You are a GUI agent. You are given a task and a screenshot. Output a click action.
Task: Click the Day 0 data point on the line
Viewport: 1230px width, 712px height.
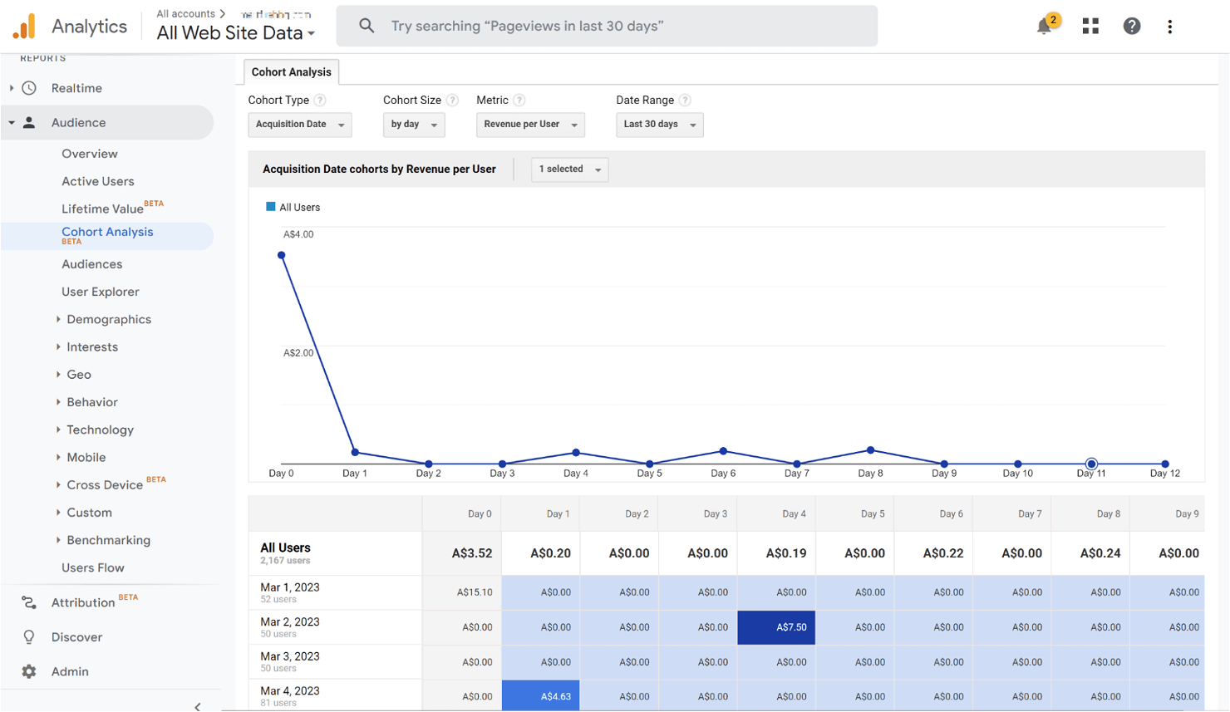282,255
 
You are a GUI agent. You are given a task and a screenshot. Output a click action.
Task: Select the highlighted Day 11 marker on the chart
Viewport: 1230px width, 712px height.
1091,464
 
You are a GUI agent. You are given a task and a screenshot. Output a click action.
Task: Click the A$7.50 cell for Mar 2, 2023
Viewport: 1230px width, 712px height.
776,627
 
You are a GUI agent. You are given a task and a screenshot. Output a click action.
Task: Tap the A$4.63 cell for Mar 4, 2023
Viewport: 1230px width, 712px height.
541,696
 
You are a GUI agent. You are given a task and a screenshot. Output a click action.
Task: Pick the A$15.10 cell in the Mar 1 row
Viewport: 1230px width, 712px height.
462,592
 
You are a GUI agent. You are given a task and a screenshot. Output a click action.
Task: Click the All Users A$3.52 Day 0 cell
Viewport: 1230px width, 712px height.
462,553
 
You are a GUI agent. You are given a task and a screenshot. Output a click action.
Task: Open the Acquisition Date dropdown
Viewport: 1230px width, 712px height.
300,125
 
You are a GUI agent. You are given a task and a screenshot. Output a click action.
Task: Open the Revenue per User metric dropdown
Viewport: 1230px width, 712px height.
530,125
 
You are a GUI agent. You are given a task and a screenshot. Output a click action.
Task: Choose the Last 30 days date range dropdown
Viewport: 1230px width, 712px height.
659,125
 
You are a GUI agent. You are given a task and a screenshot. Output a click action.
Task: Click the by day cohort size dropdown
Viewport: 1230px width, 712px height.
414,125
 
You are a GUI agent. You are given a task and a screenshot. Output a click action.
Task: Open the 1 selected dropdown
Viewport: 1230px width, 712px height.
569,169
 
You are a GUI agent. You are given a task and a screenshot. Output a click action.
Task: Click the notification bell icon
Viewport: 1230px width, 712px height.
1045,27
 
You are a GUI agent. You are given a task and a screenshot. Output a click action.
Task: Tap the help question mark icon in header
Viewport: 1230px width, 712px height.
1132,27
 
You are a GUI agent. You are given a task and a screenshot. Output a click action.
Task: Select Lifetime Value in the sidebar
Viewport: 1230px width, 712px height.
102,209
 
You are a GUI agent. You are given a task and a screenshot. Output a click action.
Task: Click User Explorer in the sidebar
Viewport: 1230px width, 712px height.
101,292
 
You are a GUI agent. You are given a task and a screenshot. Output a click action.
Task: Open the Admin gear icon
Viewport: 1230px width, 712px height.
29,671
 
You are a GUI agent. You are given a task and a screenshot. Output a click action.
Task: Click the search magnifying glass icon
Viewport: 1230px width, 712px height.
367,26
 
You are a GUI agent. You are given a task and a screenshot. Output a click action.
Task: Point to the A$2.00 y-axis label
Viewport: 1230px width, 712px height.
298,353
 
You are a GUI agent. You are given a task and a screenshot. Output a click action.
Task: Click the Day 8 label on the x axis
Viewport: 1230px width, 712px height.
870,474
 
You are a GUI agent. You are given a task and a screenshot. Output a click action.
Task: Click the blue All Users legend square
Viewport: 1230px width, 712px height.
271,207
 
